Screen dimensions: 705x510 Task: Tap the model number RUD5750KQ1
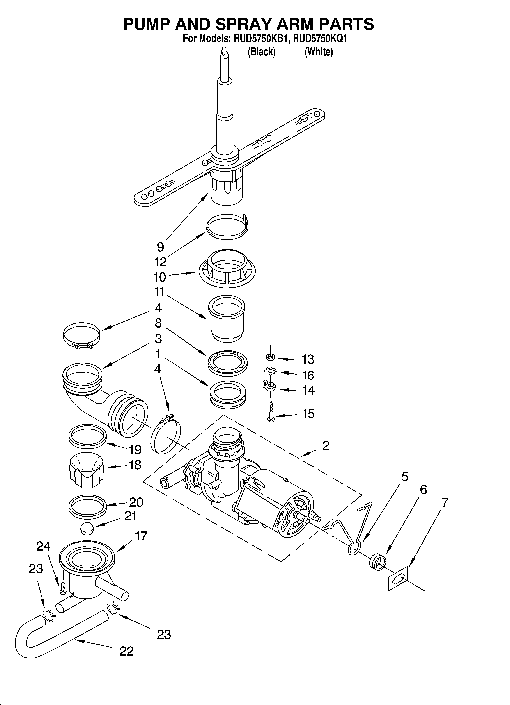tap(320, 39)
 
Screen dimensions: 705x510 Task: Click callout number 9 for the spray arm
tap(160, 247)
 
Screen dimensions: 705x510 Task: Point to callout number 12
tap(161, 262)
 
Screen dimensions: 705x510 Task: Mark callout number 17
tap(141, 536)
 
